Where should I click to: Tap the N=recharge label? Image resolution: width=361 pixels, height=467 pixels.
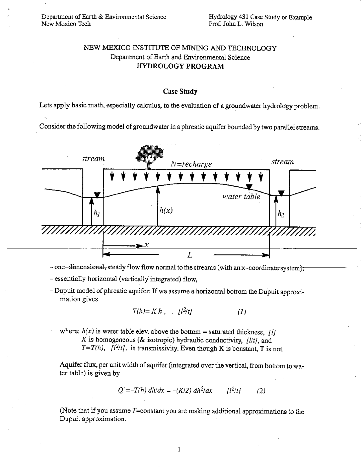pyautogui.click(x=191, y=164)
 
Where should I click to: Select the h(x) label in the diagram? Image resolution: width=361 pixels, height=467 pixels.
pyautogui.click(x=166, y=210)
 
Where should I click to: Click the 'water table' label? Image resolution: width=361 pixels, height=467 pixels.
pyautogui.click(x=241, y=197)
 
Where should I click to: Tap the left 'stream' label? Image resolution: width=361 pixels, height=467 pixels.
pyautogui.click(x=93, y=159)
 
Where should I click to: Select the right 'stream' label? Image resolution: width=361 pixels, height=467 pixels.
pyautogui.click(x=283, y=162)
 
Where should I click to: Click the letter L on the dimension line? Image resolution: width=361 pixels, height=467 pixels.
pyautogui.click(x=190, y=255)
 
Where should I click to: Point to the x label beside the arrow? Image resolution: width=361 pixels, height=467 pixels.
pyautogui.click(x=147, y=245)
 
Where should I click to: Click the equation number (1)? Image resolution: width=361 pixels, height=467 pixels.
pyautogui.click(x=242, y=312)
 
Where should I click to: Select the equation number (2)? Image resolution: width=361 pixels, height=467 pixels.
pyautogui.click(x=261, y=391)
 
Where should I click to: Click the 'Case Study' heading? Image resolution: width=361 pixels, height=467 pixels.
pyautogui.click(x=180, y=91)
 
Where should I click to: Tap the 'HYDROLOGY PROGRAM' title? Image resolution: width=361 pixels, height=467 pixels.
pyautogui.click(x=180, y=66)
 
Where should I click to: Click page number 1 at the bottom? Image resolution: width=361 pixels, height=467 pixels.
pyautogui.click(x=179, y=450)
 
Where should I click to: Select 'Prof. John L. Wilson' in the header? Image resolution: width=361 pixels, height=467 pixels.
pyautogui.click(x=236, y=24)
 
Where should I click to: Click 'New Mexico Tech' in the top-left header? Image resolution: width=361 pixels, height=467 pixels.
pyautogui.click(x=66, y=24)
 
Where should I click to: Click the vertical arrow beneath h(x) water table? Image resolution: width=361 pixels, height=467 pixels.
pyautogui.click(x=158, y=206)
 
